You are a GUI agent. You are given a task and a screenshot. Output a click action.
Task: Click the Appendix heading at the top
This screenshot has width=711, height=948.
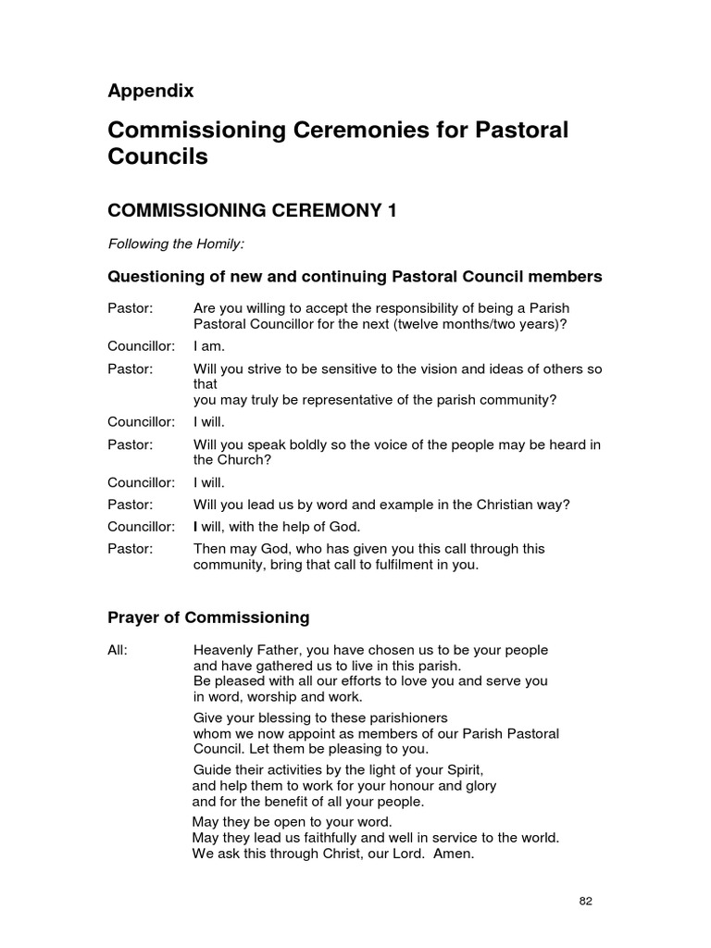point(151,91)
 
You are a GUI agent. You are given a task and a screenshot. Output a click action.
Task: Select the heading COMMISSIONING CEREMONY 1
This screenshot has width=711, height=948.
point(252,211)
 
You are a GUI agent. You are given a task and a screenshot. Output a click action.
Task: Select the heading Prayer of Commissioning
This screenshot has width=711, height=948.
point(208,617)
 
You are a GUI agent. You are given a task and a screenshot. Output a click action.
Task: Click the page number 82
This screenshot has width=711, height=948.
point(585,901)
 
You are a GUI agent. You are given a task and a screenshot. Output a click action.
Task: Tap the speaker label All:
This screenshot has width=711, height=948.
point(118,650)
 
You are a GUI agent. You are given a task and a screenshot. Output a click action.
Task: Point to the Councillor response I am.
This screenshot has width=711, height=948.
point(209,346)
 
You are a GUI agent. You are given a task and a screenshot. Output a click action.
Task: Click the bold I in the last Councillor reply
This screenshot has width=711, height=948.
point(195,527)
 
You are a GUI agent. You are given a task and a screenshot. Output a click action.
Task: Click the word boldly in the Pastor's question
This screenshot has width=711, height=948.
point(295,444)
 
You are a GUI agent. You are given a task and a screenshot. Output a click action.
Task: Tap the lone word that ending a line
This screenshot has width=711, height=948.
point(205,383)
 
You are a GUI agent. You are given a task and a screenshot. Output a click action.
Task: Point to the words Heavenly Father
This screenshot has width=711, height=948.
point(245,650)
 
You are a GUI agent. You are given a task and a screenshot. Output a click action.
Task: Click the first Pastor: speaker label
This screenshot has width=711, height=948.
point(130,307)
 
